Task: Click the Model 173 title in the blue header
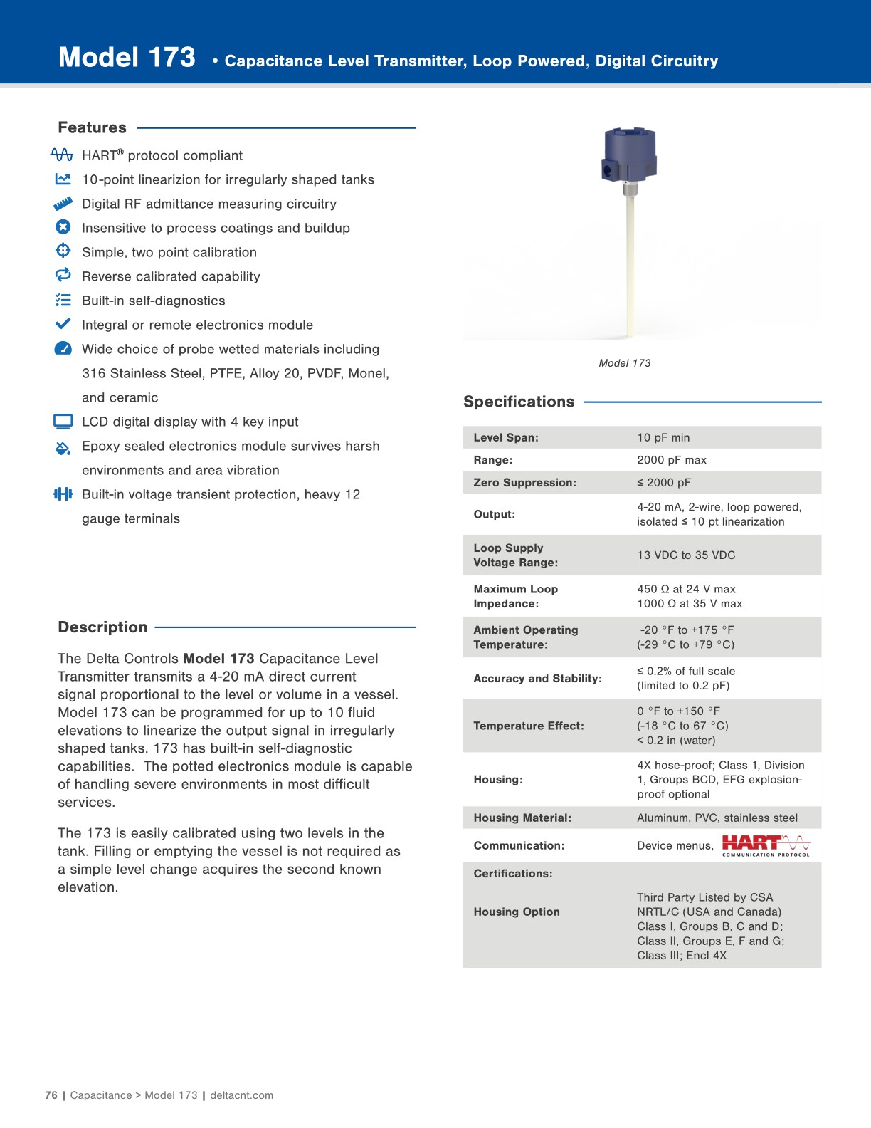[x=127, y=58]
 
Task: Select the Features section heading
[x=92, y=128]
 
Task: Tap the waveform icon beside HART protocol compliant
[x=62, y=155]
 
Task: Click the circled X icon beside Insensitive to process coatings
[x=63, y=227]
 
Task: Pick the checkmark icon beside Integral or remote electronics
[x=63, y=323]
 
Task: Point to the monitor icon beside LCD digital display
[x=63, y=422]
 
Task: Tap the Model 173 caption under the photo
[x=624, y=363]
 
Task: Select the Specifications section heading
[x=518, y=402]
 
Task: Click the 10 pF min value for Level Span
[x=663, y=438]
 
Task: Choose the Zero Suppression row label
[x=524, y=483]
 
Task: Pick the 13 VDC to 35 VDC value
[x=686, y=555]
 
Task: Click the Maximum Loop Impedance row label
[x=515, y=596]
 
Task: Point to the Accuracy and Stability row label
[x=537, y=679]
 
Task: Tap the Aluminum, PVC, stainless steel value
[x=717, y=818]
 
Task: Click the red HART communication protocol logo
[x=766, y=845]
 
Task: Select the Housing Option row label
[x=517, y=912]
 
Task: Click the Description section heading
[x=102, y=627]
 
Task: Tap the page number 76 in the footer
[x=51, y=1095]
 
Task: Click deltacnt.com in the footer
[x=241, y=1095]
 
